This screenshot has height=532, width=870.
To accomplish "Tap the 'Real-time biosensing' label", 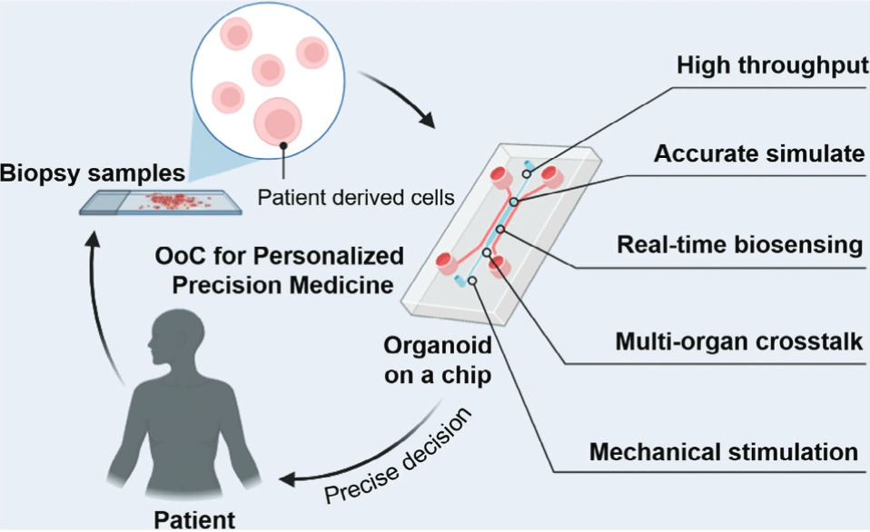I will tap(737, 245).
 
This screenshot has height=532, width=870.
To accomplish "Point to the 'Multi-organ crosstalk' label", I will tap(738, 342).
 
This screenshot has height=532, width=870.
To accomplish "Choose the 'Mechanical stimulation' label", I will tap(724, 451).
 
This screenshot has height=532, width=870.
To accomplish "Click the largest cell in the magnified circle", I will tap(280, 121).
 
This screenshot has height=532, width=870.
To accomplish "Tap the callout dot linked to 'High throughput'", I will tap(526, 172).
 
